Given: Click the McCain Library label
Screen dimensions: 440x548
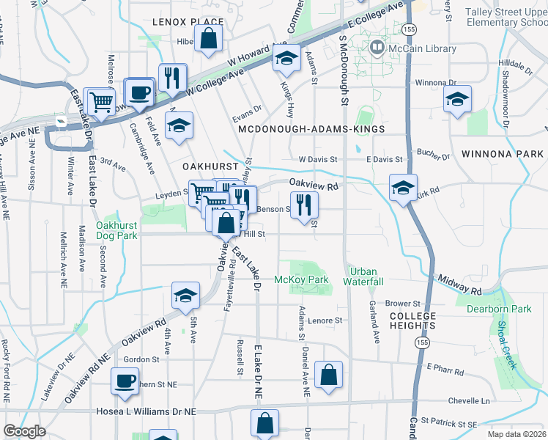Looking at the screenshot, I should [423, 49].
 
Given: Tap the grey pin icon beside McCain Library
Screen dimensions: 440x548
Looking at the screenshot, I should [377, 48].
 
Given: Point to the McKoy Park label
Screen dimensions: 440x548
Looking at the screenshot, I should [300, 279].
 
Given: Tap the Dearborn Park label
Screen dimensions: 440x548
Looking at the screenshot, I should [499, 309].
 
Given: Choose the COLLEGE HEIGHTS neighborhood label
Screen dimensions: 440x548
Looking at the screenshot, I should [412, 321].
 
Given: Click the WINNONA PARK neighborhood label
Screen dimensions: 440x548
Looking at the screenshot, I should [503, 154].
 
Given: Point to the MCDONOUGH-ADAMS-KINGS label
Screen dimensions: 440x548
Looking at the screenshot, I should [311, 129].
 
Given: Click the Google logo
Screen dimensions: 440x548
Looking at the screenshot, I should [24, 431].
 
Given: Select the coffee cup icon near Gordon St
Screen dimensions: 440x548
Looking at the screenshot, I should [125, 381].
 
